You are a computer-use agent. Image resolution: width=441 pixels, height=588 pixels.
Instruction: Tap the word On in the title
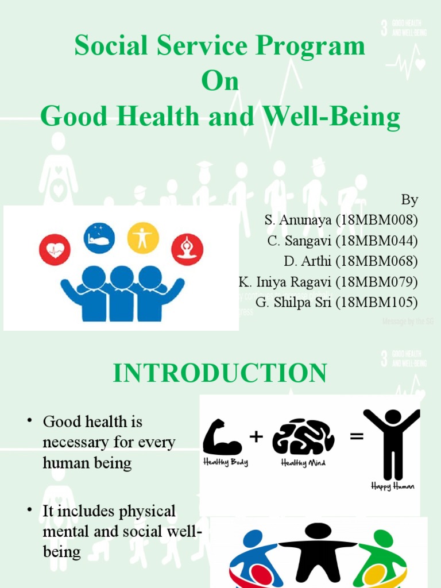[x=220, y=82]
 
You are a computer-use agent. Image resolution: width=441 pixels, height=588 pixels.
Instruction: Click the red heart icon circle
[x=55, y=250]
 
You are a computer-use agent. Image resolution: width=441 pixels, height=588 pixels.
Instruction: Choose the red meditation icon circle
[x=187, y=250]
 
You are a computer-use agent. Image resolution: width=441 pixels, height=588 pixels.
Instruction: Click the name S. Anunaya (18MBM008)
[x=341, y=220]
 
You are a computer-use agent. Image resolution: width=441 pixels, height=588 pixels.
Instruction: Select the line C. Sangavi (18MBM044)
[x=342, y=241]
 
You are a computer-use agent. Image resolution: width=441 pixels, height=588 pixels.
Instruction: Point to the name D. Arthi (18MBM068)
[x=350, y=261]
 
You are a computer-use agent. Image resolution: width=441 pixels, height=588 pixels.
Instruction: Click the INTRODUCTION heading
[x=220, y=373]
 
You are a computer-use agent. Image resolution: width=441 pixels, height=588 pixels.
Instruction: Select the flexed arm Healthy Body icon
[x=223, y=438]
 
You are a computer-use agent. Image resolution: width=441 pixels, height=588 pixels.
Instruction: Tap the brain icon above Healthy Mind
[x=303, y=438]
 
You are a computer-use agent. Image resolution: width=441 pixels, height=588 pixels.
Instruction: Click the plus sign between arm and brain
[x=256, y=438]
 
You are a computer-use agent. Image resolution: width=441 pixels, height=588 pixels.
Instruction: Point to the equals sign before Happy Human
[x=357, y=438]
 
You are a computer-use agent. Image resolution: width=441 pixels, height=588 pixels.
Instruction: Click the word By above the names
[x=409, y=200]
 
